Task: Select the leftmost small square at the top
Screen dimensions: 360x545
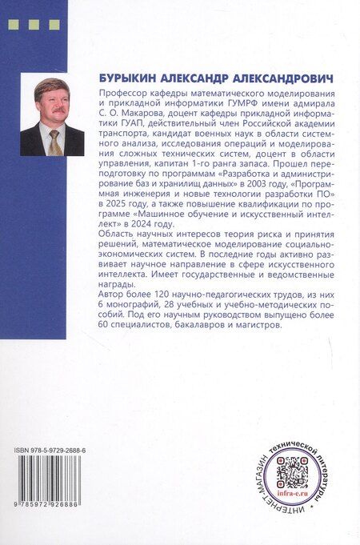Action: pyautogui.click(x=12, y=25)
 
